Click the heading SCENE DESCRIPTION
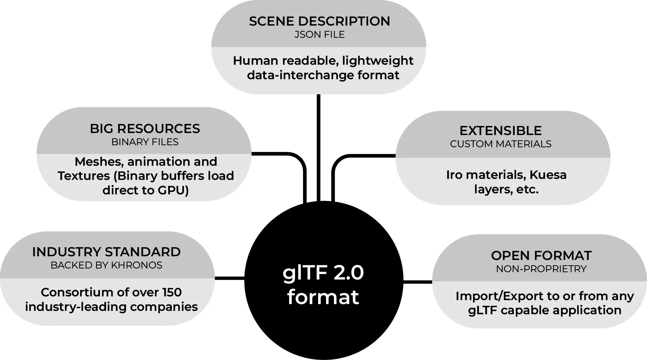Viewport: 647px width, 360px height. pos(319,21)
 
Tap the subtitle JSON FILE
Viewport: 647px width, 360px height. pos(319,35)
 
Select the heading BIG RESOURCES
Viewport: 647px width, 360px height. pos(145,129)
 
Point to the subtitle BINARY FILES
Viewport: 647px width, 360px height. pos(145,142)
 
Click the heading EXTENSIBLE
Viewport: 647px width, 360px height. pos(500,131)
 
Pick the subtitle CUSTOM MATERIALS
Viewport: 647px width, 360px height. pos(500,144)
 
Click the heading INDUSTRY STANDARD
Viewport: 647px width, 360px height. pos(106,252)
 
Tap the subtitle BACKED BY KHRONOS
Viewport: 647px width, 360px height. pos(106,265)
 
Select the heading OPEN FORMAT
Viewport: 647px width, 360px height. pos(541,256)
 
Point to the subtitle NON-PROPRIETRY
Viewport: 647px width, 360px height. pos(541,269)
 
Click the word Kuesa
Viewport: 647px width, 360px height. pos(548,175)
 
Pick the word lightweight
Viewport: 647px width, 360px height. pos(377,61)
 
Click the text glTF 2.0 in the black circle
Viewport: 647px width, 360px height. pos(323,273)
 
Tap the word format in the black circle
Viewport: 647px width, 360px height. pos(323,297)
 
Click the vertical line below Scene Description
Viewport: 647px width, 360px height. pos(318,145)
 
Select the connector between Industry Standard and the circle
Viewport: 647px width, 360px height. pos(229,278)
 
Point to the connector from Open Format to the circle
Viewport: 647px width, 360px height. pos(418,282)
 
